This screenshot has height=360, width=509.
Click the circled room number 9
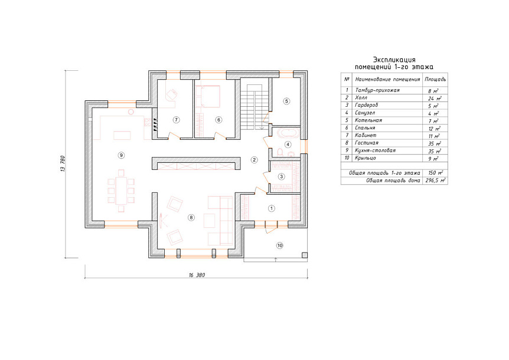tap(121, 155)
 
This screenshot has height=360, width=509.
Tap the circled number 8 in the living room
tap(191, 218)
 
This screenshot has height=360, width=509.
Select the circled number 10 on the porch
tap(280, 246)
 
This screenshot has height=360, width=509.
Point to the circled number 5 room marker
tap(286, 101)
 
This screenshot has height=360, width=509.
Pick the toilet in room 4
tap(279, 152)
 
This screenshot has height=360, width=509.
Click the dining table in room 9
tap(121, 191)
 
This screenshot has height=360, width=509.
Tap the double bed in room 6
tap(208, 96)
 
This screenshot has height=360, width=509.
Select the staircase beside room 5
tap(255, 106)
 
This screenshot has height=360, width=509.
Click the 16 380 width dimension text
tap(197, 275)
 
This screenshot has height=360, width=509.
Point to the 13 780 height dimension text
tap(63, 164)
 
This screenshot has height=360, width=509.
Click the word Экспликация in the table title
tap(394, 60)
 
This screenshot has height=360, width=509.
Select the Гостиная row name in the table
tap(367, 143)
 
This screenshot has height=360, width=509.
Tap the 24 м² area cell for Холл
tap(435, 98)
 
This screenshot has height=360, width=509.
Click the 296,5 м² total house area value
tap(435, 181)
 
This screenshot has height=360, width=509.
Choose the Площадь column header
tap(435, 79)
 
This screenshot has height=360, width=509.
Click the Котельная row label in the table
tap(368, 120)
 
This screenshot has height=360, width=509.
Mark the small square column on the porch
tap(305, 255)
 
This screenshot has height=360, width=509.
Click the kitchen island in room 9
tap(122, 135)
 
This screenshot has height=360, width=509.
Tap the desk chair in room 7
tap(171, 94)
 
